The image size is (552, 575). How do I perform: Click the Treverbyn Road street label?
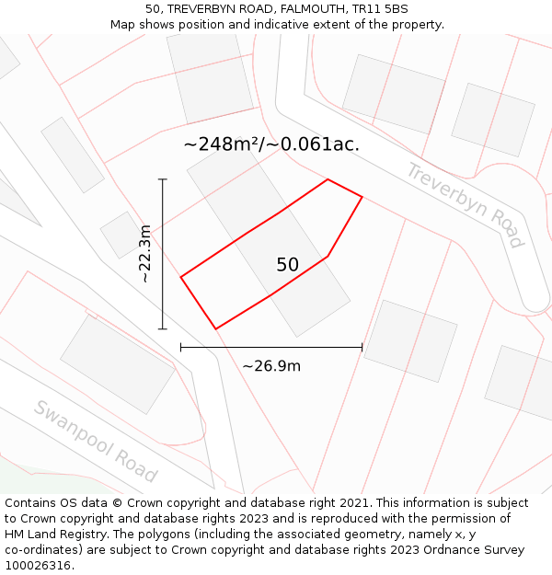466,205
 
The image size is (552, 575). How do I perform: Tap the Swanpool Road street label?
96,441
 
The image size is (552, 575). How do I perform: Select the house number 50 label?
287,265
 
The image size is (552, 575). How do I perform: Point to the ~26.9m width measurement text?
271,366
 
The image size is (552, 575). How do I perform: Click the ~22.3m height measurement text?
144,253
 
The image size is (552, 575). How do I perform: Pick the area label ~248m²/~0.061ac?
271,144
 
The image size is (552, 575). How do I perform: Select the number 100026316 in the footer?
37,566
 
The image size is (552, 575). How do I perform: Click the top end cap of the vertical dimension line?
163,179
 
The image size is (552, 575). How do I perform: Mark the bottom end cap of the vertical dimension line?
163,328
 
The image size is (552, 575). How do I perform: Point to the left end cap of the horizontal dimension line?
181,348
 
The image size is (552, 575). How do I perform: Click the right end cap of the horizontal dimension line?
362,348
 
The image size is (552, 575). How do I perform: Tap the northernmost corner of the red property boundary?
328,179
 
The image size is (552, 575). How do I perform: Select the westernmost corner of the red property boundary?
181,276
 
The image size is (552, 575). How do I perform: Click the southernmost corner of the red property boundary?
215,328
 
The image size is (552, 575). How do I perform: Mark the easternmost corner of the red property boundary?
362,197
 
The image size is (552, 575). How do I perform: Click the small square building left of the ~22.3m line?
121,235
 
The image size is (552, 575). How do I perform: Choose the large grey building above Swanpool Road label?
117,364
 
